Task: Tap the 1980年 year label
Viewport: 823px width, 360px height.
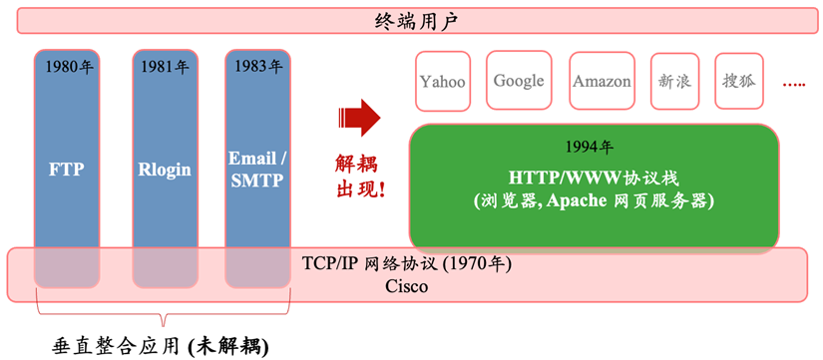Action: (68, 68)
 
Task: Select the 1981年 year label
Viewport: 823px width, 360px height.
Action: (164, 68)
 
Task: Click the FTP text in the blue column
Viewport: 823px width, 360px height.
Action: (68, 169)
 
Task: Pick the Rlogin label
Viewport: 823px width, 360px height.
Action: (164, 169)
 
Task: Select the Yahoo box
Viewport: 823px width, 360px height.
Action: (442, 81)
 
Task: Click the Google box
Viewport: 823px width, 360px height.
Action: (519, 80)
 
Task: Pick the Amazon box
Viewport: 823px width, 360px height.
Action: (602, 81)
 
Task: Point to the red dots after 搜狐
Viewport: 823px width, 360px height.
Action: (794, 85)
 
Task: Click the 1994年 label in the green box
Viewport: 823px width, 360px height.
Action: (589, 147)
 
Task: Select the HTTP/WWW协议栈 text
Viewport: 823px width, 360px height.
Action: (594, 178)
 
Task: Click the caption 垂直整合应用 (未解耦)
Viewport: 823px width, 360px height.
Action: (160, 346)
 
